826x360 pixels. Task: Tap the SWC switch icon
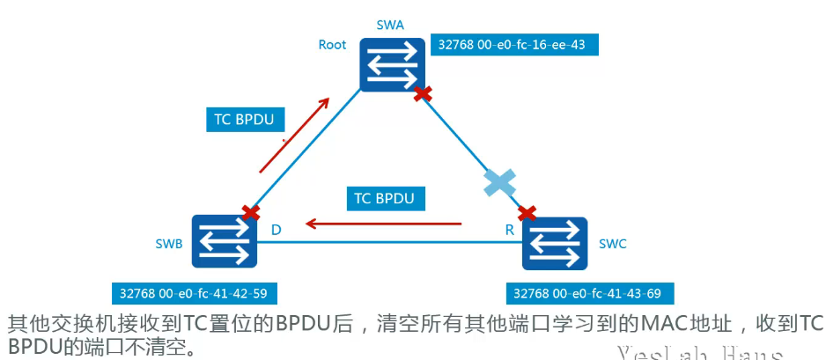pos(555,243)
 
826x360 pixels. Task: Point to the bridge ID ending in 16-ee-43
pos(513,45)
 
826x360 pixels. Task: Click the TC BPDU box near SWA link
pos(245,119)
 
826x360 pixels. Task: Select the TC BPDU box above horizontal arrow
pos(384,198)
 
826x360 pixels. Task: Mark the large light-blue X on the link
pos(498,183)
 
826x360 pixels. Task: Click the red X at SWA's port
pos(424,92)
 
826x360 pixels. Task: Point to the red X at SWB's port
pos(251,212)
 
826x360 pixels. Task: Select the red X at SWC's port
pos(527,212)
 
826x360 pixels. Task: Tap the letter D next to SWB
pos(276,230)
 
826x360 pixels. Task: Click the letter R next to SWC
pos(509,230)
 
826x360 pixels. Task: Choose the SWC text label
pos(612,244)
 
